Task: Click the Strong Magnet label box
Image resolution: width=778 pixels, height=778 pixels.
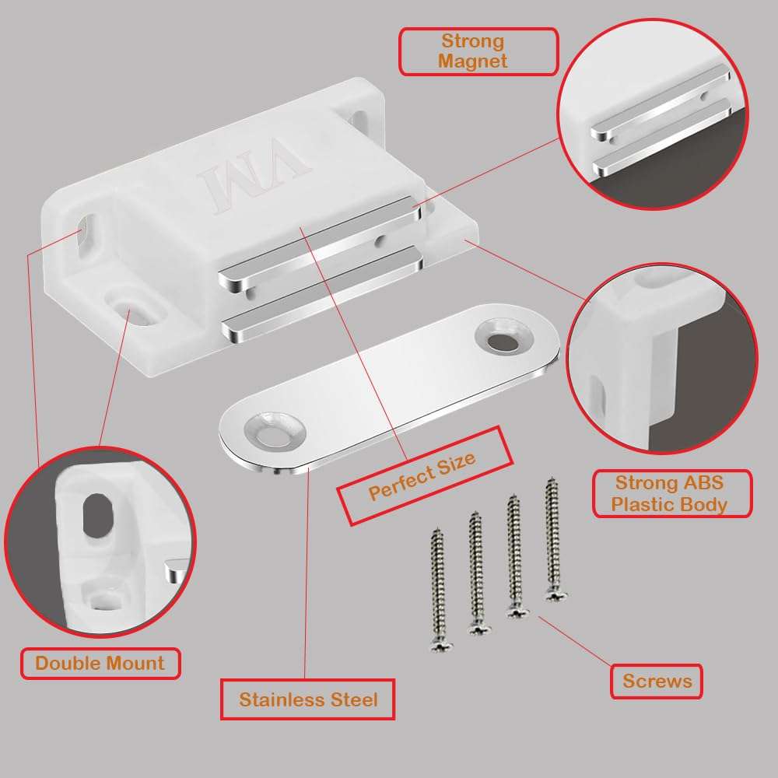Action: click(478, 51)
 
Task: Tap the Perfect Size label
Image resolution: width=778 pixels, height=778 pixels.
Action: click(422, 475)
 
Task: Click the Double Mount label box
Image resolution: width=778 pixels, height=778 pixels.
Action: click(100, 664)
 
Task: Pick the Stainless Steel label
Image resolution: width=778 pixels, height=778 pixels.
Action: click(308, 699)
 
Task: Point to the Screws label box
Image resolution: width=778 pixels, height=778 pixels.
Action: click(657, 682)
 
